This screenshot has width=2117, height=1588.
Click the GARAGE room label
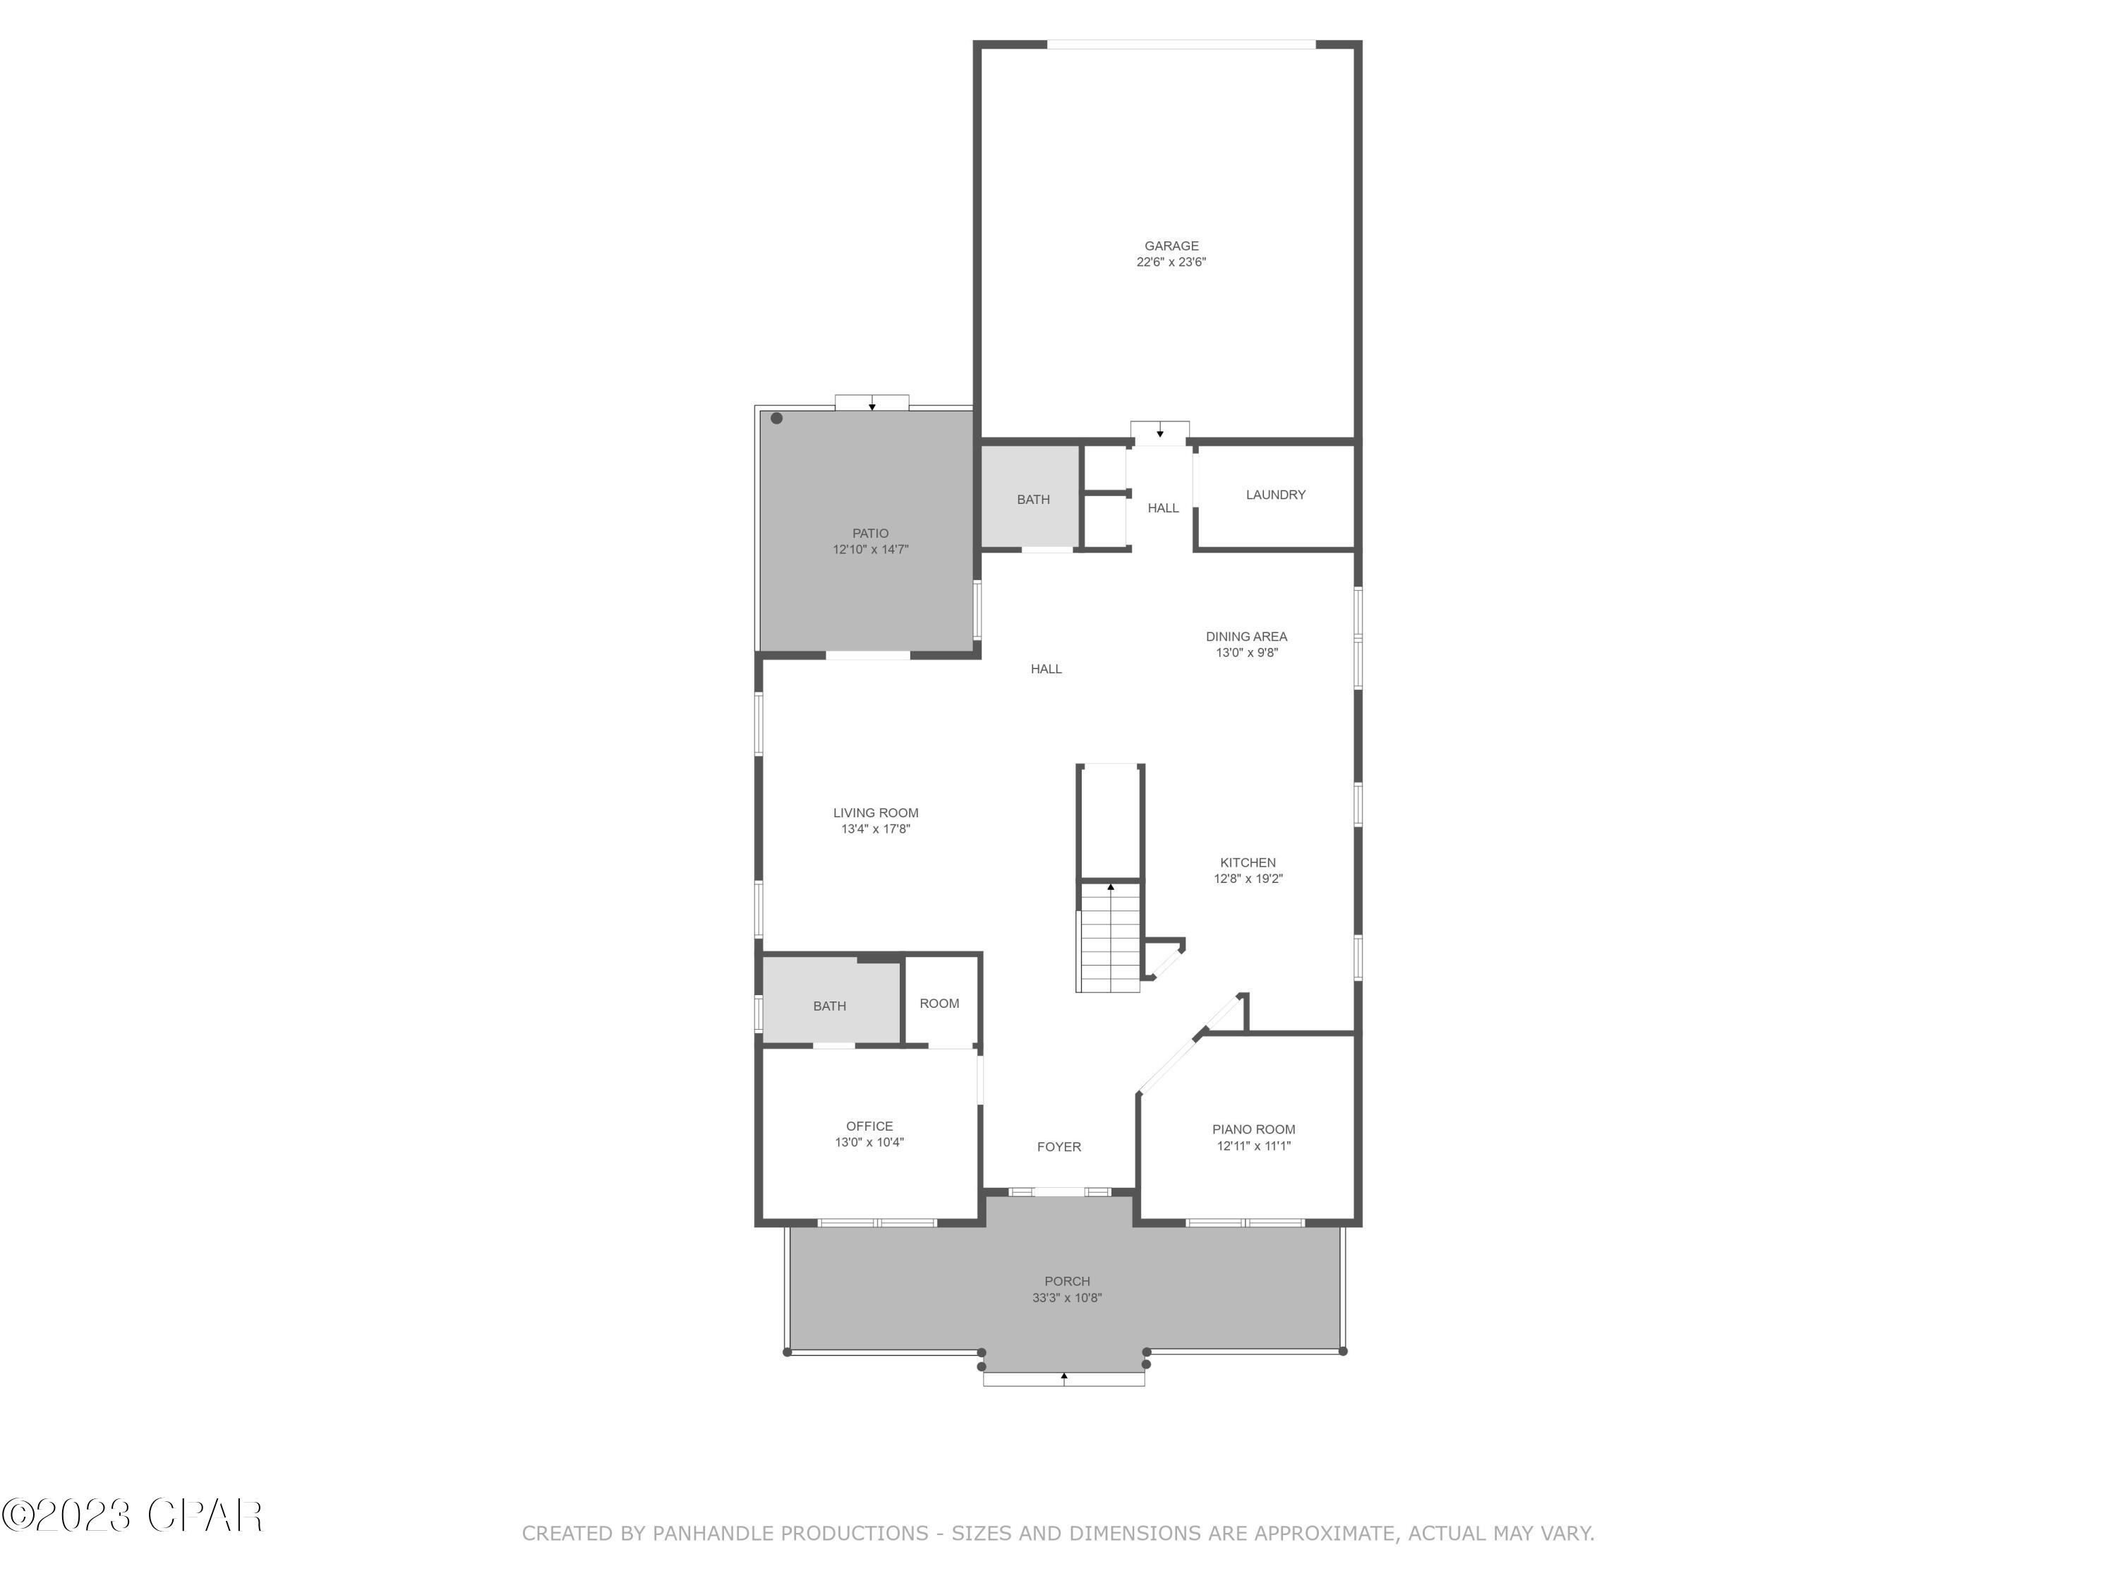[1171, 246]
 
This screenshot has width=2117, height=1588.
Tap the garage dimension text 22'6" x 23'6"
[1171, 263]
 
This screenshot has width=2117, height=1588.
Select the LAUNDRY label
[1275, 495]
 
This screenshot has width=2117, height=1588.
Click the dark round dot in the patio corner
[776, 419]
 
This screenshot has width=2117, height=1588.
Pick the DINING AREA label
[1246, 637]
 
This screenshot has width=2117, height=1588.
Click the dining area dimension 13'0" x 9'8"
[1246, 653]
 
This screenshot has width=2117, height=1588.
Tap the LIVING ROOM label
[875, 812]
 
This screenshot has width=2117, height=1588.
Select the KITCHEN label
[1247, 862]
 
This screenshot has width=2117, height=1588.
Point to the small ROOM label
[939, 1003]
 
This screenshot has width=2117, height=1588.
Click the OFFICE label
[869, 1126]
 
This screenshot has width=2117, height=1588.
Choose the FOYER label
[1058, 1147]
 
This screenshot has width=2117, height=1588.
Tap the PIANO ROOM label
[1253, 1129]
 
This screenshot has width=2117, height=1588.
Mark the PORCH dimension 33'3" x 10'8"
[1066, 1298]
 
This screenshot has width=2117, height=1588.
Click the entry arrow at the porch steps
[1063, 1376]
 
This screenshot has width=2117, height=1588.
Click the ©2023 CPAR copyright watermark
[132, 1515]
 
